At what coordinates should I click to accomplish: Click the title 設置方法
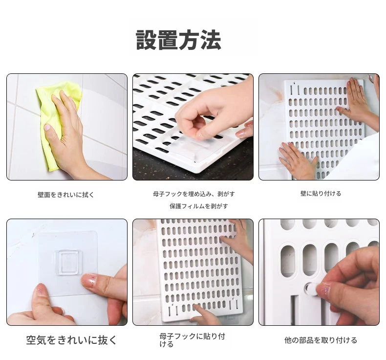(x=178, y=40)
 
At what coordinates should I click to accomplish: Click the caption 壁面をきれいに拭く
(x=66, y=195)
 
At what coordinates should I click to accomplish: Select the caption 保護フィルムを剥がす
(x=199, y=206)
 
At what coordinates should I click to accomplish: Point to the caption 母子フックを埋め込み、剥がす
(x=194, y=194)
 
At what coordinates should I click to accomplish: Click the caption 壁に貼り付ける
(x=321, y=193)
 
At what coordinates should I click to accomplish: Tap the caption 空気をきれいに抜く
(x=71, y=340)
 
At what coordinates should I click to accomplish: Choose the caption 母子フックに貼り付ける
(x=192, y=340)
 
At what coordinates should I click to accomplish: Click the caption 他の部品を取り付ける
(x=321, y=340)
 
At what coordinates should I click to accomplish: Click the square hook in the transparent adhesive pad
(x=67, y=263)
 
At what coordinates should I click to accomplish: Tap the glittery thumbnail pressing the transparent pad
(x=89, y=281)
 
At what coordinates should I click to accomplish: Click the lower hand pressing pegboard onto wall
(x=299, y=160)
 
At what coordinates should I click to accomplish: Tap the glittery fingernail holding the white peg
(x=324, y=291)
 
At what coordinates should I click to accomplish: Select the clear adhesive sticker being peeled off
(x=197, y=148)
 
